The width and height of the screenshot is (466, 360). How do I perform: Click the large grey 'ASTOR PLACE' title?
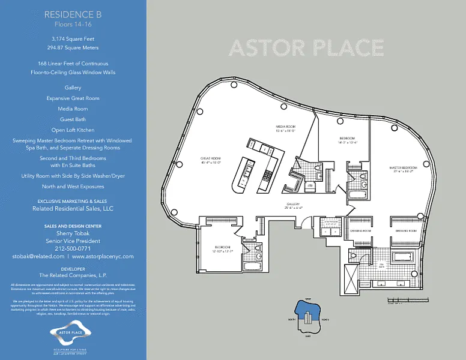(306, 47)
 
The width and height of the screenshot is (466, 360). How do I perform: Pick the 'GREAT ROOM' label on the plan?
(211, 159)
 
